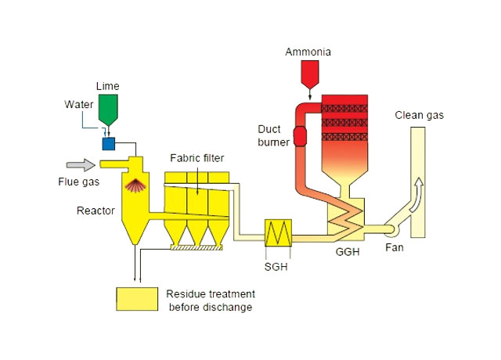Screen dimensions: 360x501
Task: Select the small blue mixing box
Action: pos(109,143)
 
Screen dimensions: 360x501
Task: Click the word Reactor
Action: pos(96,211)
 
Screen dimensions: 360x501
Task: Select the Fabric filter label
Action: pos(197,158)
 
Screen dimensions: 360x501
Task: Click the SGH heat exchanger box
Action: pos(279,232)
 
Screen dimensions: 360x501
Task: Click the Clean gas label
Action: pos(420,116)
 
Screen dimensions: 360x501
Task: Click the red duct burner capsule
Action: pos(299,136)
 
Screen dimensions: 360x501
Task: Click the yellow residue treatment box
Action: pos(137,298)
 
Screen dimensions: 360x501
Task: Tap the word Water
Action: pos(77,104)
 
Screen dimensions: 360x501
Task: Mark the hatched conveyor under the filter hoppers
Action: pos(196,248)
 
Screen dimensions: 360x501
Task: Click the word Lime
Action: pos(107,84)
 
